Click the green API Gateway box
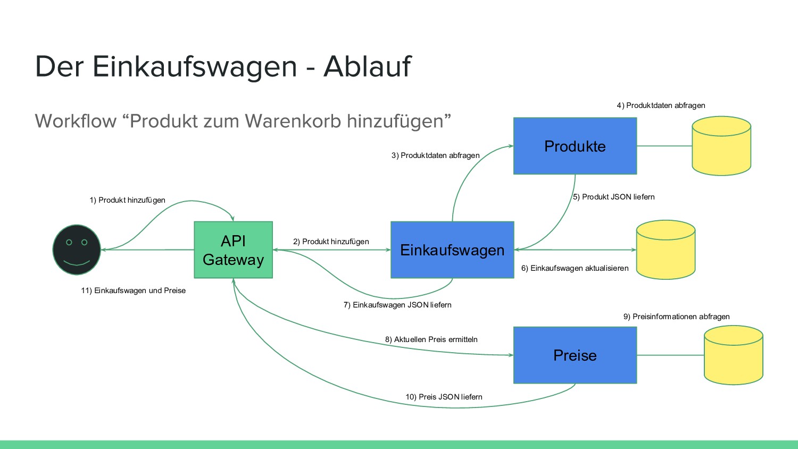(233, 250)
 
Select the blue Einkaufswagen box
(452, 250)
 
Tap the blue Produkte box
(575, 146)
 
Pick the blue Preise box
(575, 355)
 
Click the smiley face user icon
(77, 250)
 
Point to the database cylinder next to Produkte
(721, 146)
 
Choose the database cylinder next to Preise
(733, 355)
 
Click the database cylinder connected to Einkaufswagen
(666, 250)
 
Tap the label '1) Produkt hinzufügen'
(127, 200)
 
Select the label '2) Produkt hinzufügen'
(331, 242)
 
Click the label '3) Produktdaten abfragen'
(435, 155)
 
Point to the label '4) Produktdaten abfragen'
(661, 105)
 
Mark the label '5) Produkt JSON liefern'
(613, 197)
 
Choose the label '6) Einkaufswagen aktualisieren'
(575, 268)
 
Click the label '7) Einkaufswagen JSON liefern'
(397, 305)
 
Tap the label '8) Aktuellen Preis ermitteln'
(431, 339)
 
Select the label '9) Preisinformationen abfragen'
(676, 317)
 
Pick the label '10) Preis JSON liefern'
(444, 397)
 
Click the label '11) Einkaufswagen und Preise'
(133, 290)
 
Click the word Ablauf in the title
(367, 66)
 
